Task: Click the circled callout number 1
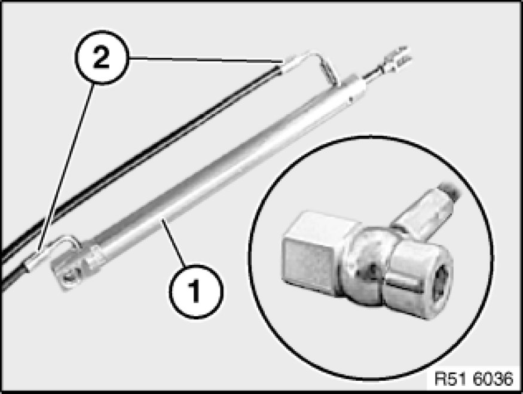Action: pyautogui.click(x=196, y=291)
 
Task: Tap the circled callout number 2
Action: pyautogui.click(x=102, y=57)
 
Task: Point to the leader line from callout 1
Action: pyautogui.click(x=174, y=243)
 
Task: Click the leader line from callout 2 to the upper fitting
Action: pyautogui.click(x=206, y=60)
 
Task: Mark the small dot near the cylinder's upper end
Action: pyautogui.click(x=350, y=99)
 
